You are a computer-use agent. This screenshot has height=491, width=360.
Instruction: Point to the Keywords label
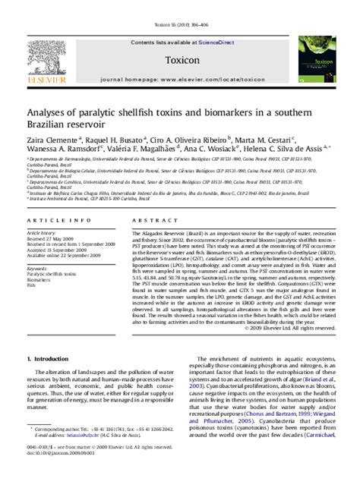[37, 268]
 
